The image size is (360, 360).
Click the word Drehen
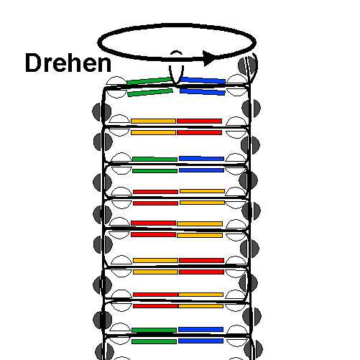point(68,63)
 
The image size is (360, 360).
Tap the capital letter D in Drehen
point(32,63)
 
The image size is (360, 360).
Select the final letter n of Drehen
point(105,65)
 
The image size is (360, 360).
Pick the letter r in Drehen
point(47,65)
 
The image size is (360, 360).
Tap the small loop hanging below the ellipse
point(177,75)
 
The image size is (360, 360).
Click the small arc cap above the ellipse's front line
point(176,52)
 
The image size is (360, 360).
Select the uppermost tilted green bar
point(149,81)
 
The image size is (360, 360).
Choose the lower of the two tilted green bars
point(150,93)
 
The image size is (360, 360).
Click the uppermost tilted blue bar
point(203,80)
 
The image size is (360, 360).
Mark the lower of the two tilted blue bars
point(203,92)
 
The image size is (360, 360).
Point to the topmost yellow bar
point(153,121)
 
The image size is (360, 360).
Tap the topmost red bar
point(199,121)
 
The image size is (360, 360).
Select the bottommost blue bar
point(200,341)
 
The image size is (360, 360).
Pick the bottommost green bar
point(154,341)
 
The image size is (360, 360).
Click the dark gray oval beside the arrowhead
point(248,66)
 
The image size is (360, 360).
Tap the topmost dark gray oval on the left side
point(102,112)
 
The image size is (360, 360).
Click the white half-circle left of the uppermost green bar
point(116,80)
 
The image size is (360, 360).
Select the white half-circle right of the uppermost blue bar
point(237,79)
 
